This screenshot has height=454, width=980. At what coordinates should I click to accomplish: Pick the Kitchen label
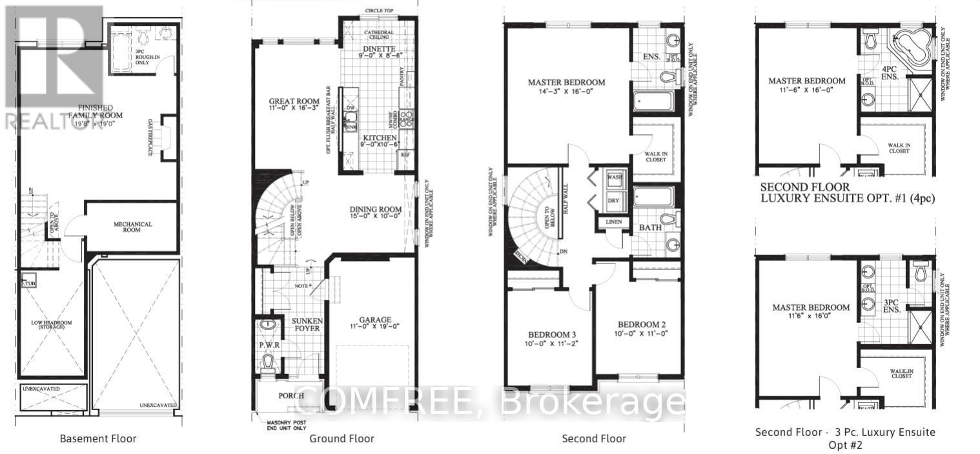(378, 139)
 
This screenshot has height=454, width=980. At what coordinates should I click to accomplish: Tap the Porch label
(291, 395)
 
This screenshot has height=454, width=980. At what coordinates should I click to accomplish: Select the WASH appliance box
(613, 177)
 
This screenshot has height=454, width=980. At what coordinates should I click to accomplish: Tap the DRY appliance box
(613, 200)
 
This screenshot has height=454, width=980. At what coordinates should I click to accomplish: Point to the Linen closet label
(614, 222)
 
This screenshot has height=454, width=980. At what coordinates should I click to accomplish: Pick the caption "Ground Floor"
(342, 439)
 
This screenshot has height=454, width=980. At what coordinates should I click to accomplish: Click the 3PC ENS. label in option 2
(892, 305)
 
